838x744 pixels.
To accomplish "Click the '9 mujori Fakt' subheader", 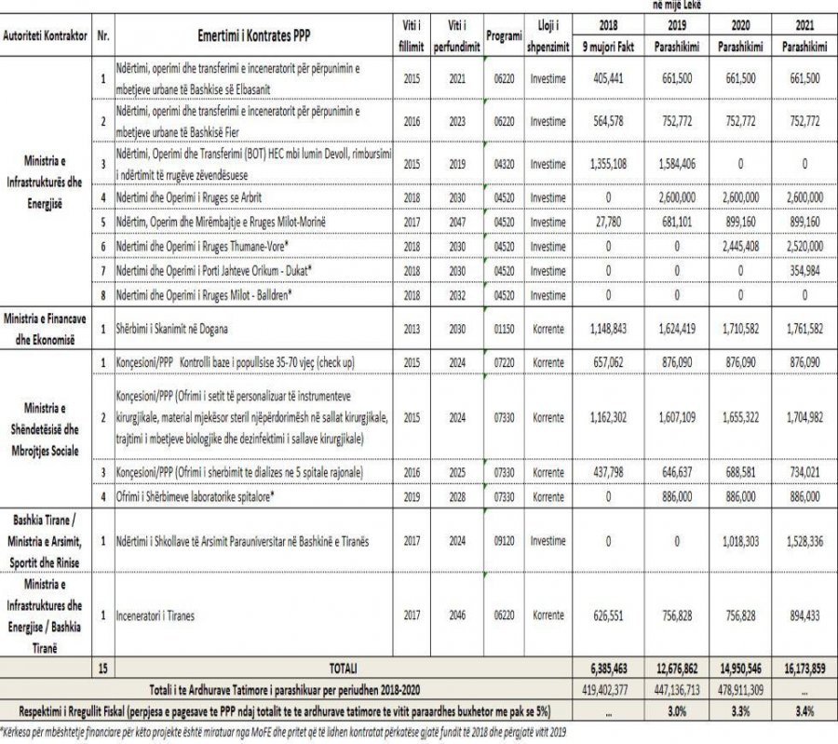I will (x=606, y=47).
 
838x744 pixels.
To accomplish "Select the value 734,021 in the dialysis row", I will (x=803, y=472).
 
